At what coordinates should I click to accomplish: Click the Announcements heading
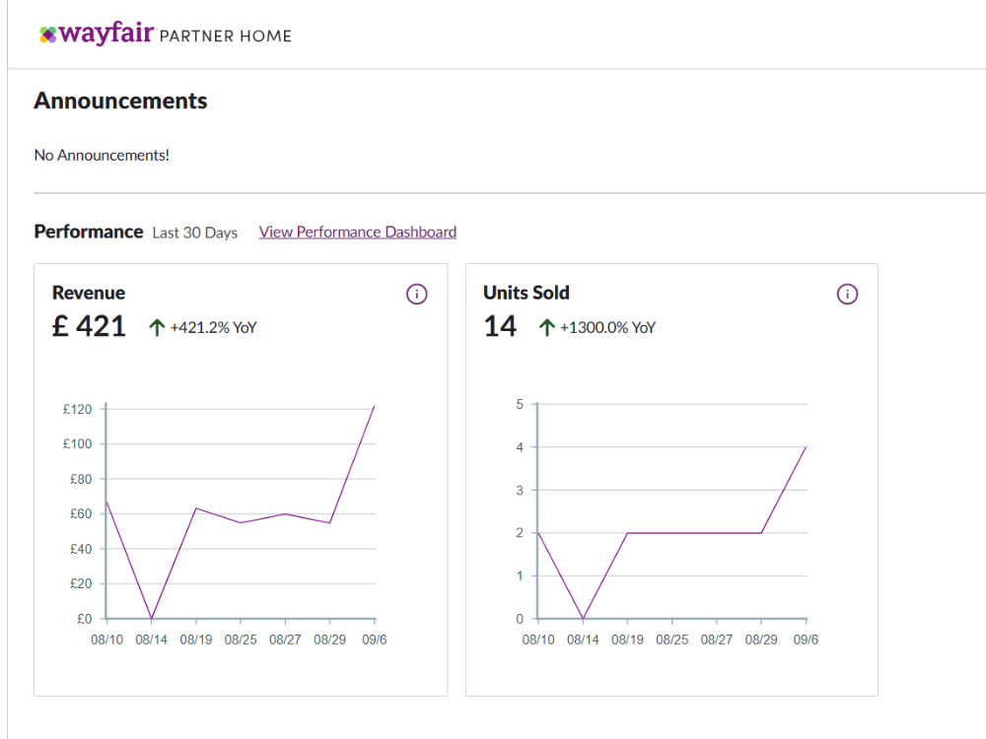point(120,101)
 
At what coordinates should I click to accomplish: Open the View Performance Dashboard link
point(358,232)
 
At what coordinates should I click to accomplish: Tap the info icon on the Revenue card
point(416,294)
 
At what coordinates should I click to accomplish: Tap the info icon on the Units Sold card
point(847,294)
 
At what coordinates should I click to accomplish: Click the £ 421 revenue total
point(90,326)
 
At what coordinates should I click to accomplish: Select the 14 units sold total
point(500,326)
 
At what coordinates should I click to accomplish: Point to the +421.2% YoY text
point(213,327)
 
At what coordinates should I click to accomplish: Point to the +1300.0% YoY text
point(607,327)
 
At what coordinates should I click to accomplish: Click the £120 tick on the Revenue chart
point(77,409)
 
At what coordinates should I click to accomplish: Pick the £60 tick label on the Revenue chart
point(81,514)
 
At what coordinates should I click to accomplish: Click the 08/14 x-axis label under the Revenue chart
point(152,639)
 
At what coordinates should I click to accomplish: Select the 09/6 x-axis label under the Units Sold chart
point(806,639)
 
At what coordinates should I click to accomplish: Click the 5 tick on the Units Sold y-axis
point(520,404)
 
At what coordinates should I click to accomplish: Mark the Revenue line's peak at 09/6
point(374,407)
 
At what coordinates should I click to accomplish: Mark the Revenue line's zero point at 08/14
point(152,619)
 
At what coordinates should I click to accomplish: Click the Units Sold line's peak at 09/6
point(806,447)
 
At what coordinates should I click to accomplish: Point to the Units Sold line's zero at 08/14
point(583,619)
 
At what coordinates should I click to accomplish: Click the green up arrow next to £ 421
point(157,327)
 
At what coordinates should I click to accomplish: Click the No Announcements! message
point(102,156)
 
